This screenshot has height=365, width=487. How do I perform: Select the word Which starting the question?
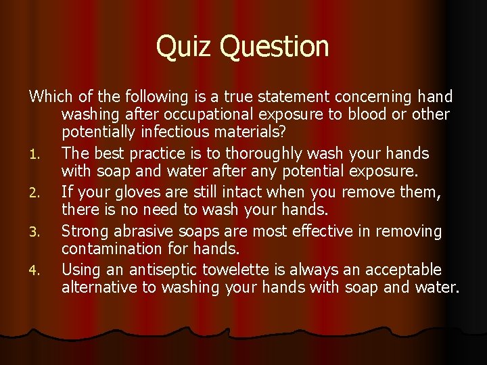[x=48, y=97]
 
